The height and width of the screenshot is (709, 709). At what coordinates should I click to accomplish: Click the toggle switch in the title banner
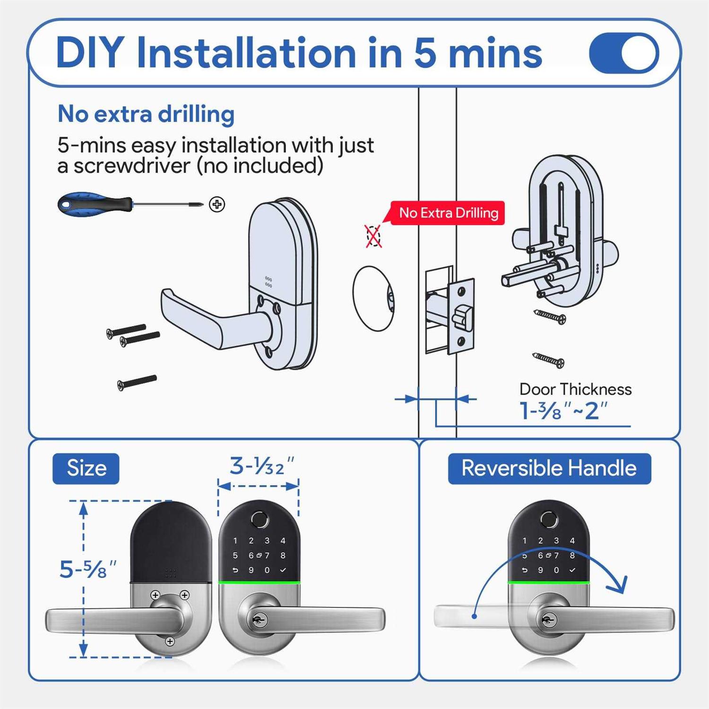pos(624,53)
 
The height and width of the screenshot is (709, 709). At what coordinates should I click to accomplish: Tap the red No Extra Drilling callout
pos(448,213)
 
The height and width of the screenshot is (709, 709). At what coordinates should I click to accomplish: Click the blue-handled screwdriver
pos(95,204)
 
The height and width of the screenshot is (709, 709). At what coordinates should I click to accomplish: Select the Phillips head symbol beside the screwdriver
pos(217,204)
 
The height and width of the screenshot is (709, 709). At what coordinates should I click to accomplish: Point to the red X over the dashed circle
pos(373,236)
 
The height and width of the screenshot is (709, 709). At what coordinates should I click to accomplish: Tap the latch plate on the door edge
pos(460,316)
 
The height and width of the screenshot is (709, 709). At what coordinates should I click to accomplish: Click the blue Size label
pos(86,468)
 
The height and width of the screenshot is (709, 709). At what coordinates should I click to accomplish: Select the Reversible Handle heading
pos(549,468)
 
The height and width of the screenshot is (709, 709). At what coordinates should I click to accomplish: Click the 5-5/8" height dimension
pos(88,569)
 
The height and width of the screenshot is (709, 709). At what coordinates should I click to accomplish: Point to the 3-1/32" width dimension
pos(262,467)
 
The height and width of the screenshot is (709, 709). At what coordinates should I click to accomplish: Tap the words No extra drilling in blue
pos(146,114)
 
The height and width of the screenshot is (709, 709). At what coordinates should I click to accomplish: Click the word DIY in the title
pos(90,53)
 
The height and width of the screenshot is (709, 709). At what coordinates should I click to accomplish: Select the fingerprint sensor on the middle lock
pos(259,520)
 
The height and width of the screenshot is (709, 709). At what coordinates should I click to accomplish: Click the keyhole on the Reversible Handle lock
pos(548,620)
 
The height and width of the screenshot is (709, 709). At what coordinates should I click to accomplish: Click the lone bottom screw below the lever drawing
pos(137,382)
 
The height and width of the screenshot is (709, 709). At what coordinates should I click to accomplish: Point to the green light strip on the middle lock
pos(259,582)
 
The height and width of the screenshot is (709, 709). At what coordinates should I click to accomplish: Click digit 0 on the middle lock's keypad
pos(267,571)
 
